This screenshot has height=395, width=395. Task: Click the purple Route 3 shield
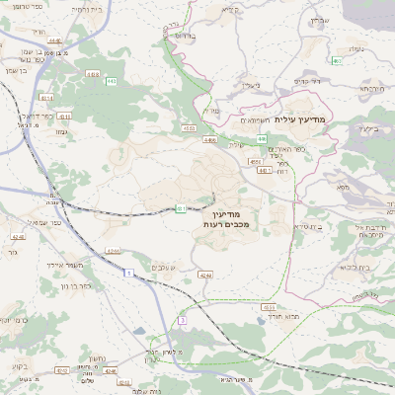point(182,321)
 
